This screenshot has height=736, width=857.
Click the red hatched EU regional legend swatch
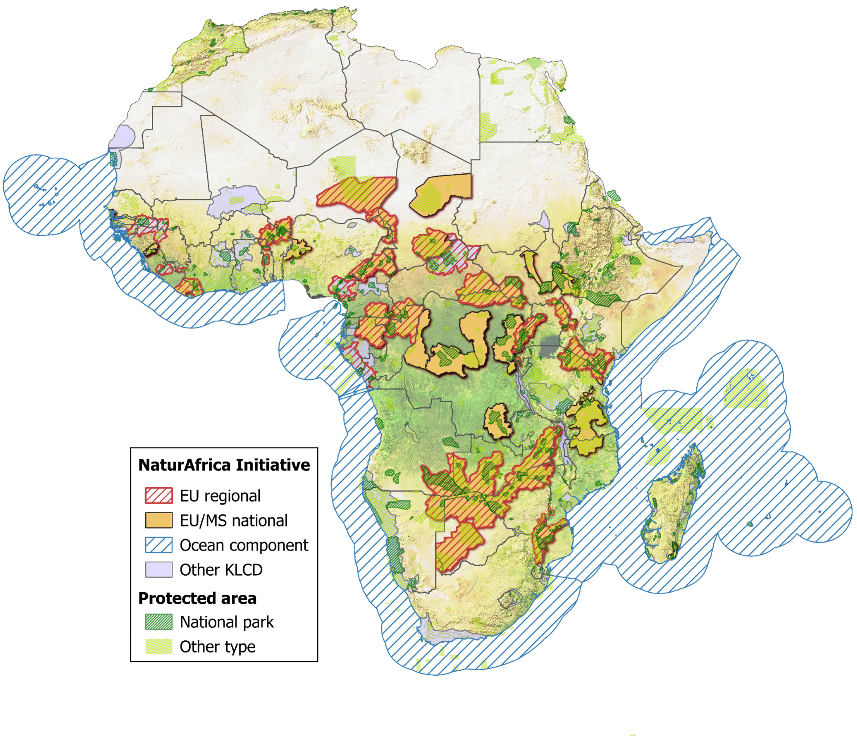point(159,495)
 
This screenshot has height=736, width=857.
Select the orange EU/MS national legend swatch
point(159,520)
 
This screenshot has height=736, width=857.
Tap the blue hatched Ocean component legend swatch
point(159,545)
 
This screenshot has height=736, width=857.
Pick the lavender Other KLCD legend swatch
point(159,569)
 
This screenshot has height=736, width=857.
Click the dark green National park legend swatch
point(159,622)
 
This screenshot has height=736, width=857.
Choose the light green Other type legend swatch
point(159,646)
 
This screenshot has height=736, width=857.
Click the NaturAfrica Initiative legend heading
point(224,465)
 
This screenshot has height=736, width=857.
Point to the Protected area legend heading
point(197,598)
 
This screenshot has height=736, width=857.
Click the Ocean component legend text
point(244,545)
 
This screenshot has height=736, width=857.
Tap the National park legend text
point(227,622)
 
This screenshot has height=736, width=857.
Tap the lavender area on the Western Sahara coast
point(122,136)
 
